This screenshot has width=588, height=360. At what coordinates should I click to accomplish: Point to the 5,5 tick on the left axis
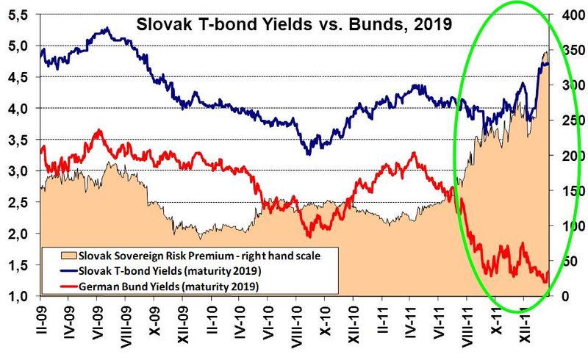tap(19, 14)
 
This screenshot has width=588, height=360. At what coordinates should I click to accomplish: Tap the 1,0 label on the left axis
tap(19, 296)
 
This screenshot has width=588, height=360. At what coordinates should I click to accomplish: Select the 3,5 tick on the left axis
tap(19, 140)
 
